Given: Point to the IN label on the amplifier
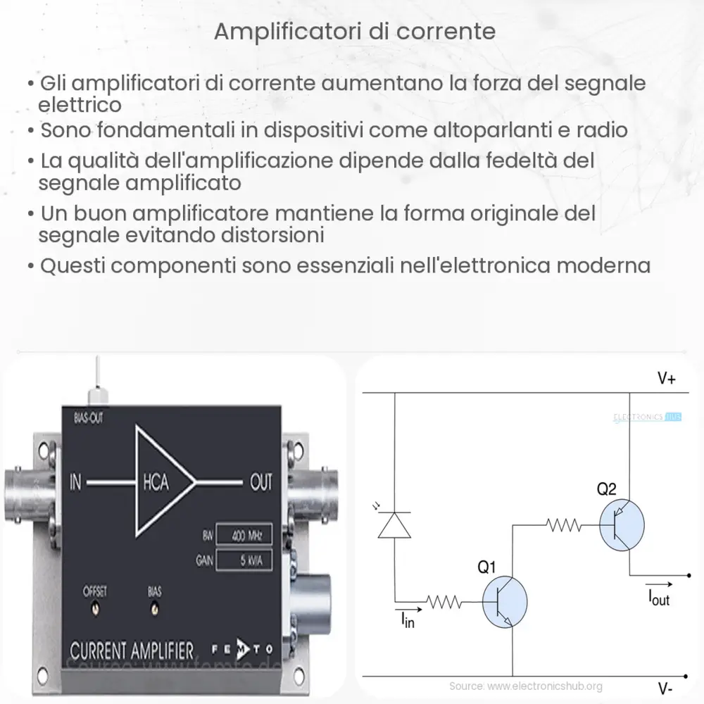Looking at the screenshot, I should (x=76, y=482).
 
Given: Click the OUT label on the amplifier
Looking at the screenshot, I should (x=260, y=483).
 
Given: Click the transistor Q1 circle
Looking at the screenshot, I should (x=504, y=601).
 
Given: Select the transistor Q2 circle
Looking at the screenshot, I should (x=622, y=524).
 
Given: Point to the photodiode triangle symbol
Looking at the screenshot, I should (x=394, y=525).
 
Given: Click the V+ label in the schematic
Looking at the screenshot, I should (x=667, y=379).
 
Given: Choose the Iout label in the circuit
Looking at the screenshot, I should (x=659, y=598).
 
